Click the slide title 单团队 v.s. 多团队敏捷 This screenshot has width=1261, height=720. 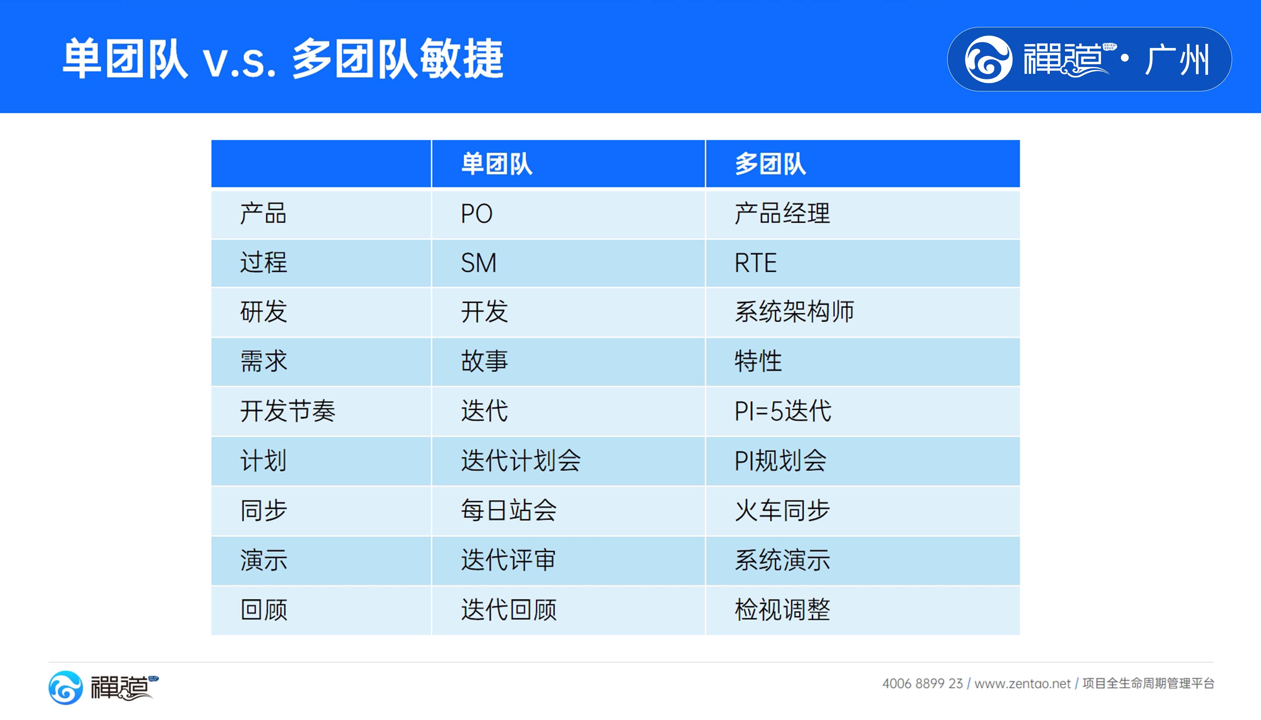click(283, 58)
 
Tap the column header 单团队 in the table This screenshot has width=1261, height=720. click(497, 164)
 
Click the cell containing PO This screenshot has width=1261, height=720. click(476, 214)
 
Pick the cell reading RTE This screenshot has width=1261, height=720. click(755, 262)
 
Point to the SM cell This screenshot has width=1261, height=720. click(478, 262)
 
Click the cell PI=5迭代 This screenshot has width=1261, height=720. click(783, 411)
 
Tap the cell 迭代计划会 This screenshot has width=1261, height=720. click(520, 461)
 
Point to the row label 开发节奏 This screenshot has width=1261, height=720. click(288, 411)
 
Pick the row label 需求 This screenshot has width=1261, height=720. click(263, 361)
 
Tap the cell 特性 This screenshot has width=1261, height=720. click(758, 361)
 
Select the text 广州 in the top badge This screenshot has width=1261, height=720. click(1177, 59)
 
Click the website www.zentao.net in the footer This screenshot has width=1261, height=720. click(1022, 684)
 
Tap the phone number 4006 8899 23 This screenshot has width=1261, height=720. click(922, 684)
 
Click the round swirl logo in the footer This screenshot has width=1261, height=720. click(66, 687)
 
